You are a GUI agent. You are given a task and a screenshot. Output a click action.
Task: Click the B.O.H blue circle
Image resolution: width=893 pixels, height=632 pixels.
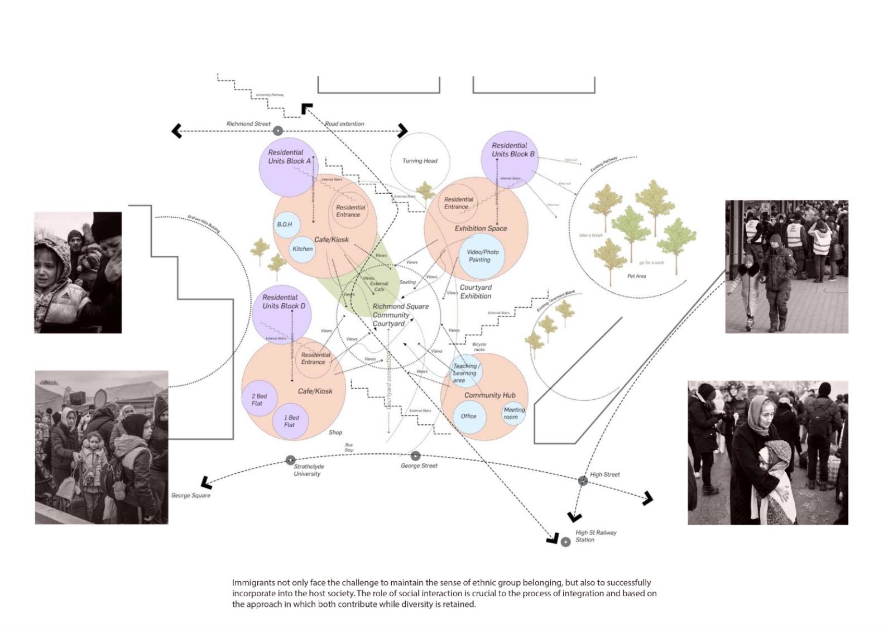(285, 224)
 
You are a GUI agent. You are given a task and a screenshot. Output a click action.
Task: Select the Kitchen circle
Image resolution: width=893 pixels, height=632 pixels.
(303, 249)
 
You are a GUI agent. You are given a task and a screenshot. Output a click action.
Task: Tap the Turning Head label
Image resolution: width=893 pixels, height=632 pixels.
(420, 161)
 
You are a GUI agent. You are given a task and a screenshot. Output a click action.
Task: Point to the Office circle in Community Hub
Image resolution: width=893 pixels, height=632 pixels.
(468, 416)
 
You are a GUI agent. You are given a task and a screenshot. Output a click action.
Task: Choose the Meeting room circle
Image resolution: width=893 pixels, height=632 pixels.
(513, 414)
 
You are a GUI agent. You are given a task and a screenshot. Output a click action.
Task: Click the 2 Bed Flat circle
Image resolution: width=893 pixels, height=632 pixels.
(258, 400)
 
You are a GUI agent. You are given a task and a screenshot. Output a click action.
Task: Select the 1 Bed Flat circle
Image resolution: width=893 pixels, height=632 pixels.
(291, 421)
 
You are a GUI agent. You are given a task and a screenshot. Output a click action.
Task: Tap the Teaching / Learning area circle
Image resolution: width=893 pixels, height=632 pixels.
(465, 372)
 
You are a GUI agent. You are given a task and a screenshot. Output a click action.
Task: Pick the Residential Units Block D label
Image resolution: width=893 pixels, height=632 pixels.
(284, 301)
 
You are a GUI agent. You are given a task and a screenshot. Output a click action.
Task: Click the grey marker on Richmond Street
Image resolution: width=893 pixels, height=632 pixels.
(277, 131)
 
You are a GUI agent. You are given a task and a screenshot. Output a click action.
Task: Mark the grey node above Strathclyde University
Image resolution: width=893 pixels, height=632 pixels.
(290, 460)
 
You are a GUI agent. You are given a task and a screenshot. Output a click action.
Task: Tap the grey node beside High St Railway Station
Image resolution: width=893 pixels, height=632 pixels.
(565, 542)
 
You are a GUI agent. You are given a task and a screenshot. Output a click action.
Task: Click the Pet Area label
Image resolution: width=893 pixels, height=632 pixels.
(636, 276)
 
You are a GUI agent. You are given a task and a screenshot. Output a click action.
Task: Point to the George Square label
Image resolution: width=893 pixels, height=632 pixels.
(190, 496)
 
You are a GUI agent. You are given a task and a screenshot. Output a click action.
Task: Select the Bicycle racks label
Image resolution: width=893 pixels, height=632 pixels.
(479, 347)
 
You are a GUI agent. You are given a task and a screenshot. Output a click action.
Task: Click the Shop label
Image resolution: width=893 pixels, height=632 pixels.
(335, 432)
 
